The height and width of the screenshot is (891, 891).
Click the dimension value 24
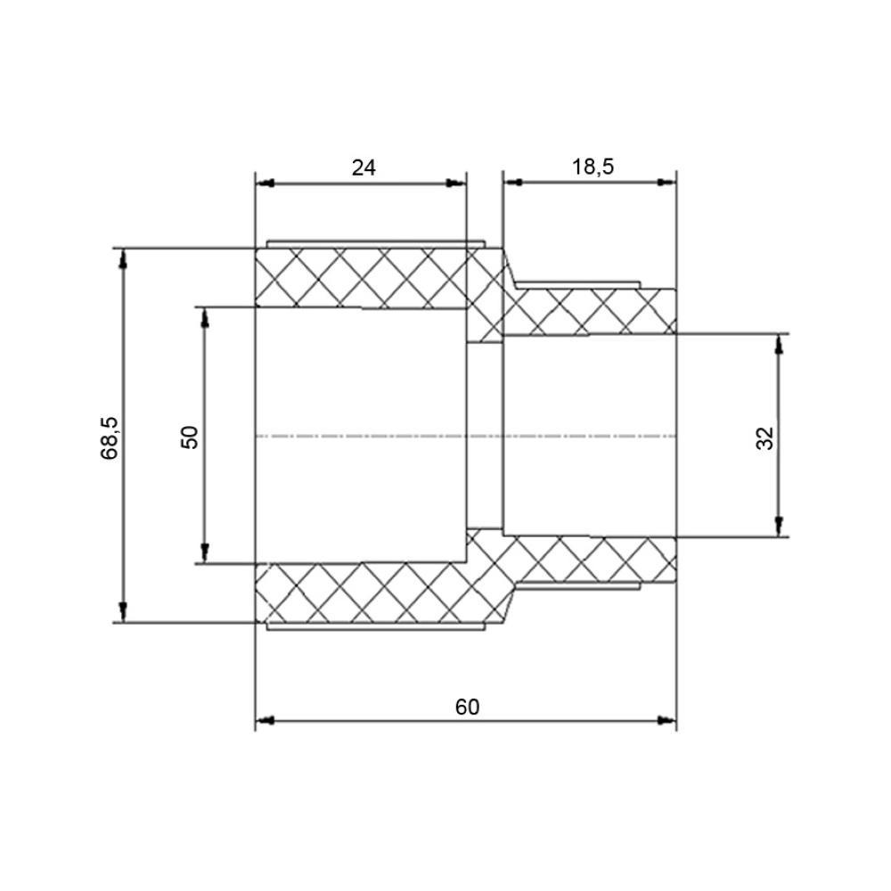click(x=364, y=167)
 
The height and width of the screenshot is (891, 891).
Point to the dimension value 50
click(x=190, y=436)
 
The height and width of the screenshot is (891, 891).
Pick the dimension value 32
click(x=765, y=437)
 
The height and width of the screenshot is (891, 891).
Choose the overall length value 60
click(x=467, y=707)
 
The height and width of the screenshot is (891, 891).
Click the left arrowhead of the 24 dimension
click(x=264, y=184)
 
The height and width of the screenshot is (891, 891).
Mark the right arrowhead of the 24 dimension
click(x=457, y=184)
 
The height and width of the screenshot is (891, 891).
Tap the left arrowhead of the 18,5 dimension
click(x=511, y=182)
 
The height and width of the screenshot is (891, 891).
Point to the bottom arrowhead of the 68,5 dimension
click(x=124, y=613)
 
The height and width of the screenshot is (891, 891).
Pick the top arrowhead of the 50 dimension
click(x=204, y=316)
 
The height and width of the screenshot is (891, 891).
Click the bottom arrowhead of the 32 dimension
click(x=780, y=527)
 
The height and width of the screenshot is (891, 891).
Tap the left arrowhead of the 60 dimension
click(x=265, y=720)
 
